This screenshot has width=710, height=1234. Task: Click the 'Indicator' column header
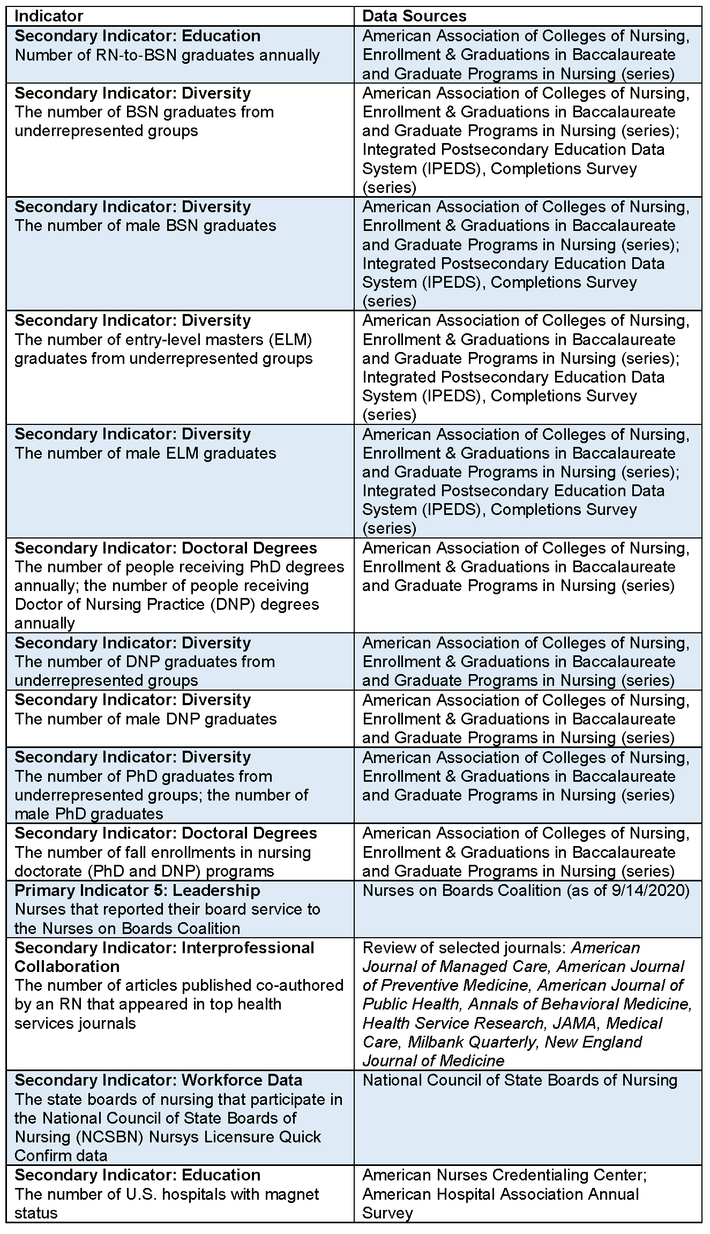point(49,16)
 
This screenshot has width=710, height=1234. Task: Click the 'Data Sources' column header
point(414,16)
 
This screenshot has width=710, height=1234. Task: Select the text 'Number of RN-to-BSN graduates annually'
point(167,55)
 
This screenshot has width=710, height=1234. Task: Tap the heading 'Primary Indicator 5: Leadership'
point(137,890)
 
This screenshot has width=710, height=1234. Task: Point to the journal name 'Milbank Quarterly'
point(471,1042)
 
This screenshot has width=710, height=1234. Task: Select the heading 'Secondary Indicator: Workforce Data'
point(159,1080)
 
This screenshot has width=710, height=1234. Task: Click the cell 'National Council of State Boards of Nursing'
point(520,1080)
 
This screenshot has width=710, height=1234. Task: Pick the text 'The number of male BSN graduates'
point(145,226)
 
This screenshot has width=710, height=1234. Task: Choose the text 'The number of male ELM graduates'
point(145,453)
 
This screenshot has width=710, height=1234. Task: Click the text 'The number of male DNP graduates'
point(146,719)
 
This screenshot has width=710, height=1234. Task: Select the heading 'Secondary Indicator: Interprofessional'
point(164,947)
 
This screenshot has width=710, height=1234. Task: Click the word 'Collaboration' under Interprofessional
point(67,966)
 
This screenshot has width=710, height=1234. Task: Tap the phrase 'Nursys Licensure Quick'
point(235,1137)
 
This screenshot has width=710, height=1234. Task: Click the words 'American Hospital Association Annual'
point(500,1194)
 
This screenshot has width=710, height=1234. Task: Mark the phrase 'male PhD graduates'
point(89,814)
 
